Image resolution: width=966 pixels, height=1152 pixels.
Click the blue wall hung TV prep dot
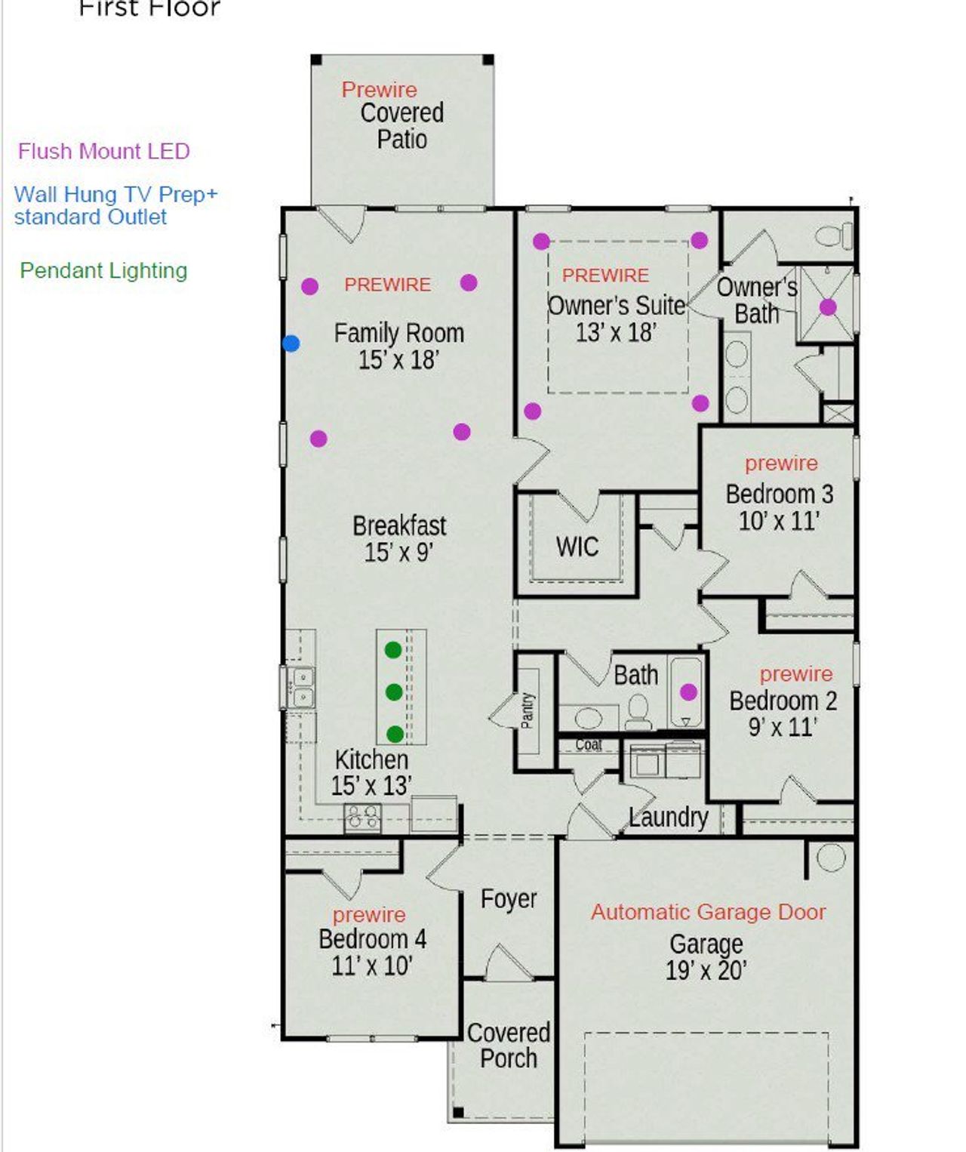click(x=291, y=343)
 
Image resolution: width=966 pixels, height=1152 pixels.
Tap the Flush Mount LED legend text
click(x=103, y=152)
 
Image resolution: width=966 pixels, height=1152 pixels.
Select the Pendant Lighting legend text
click(x=103, y=270)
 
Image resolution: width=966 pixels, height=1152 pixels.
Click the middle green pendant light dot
click(x=393, y=692)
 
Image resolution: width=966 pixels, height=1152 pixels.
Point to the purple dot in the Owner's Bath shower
click(x=828, y=307)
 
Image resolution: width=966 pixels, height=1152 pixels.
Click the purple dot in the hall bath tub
click(x=688, y=692)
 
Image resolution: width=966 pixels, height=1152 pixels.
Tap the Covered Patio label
click(x=401, y=126)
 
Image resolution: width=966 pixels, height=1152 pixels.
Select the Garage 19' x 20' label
click(x=706, y=956)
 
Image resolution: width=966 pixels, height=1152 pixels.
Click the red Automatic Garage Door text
click(x=708, y=912)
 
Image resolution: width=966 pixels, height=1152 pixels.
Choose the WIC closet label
click(x=577, y=547)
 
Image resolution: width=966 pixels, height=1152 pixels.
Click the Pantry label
click(x=528, y=710)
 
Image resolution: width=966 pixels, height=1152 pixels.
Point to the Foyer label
click(x=509, y=899)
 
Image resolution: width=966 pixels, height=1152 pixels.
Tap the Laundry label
click(x=669, y=817)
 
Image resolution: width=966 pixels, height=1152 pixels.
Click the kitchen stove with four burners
click(x=362, y=818)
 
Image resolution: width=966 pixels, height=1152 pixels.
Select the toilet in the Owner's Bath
click(x=835, y=236)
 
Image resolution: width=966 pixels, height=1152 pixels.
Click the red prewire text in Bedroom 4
click(x=369, y=915)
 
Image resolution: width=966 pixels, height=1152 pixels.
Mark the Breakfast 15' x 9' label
click(x=399, y=538)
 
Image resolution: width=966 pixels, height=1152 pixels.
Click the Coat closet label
click(x=589, y=745)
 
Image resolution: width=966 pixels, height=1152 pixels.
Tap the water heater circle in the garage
click(x=831, y=858)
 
